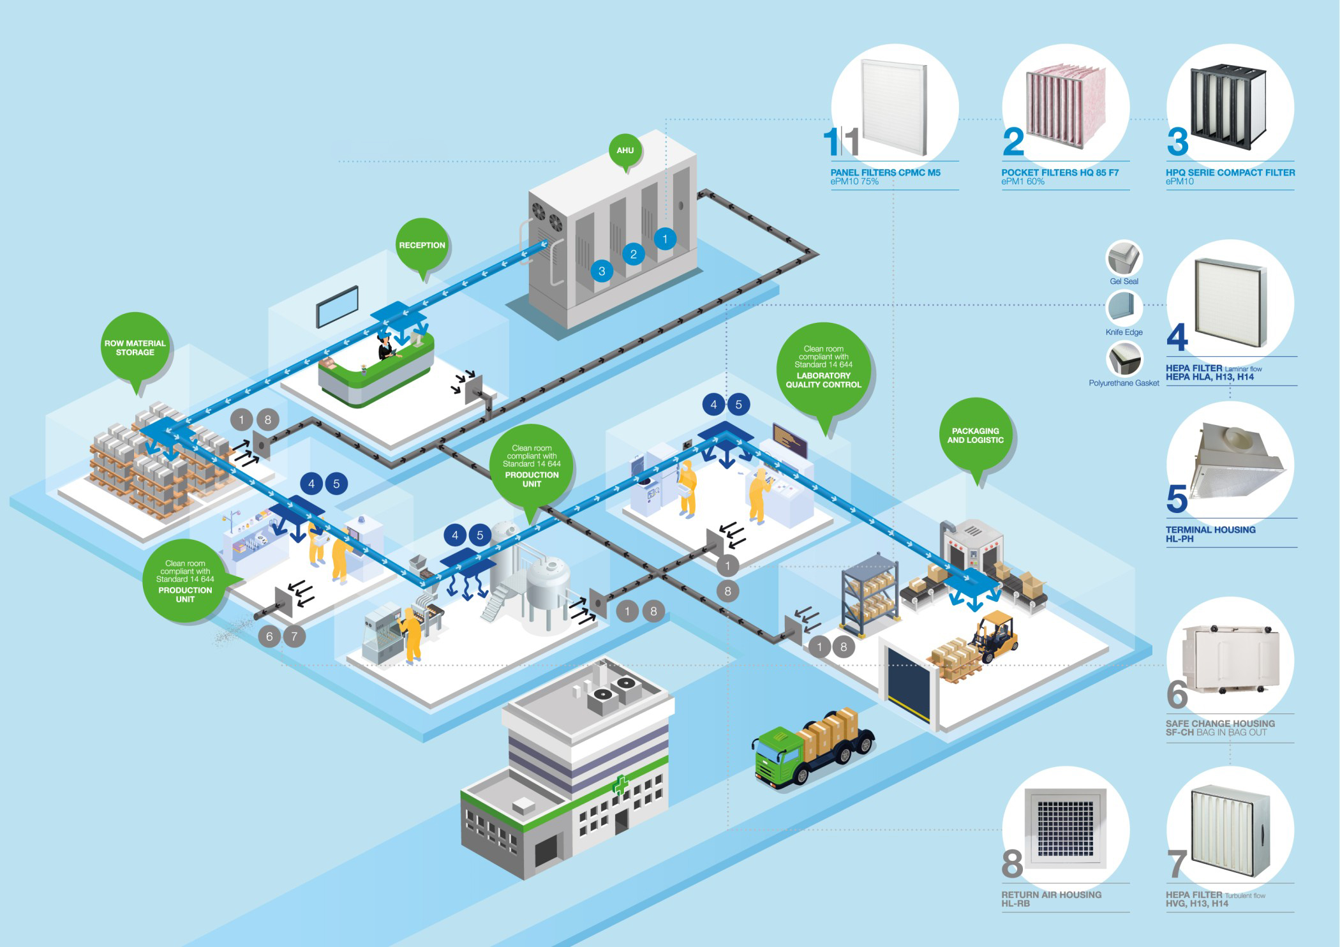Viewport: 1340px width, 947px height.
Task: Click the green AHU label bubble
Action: click(625, 151)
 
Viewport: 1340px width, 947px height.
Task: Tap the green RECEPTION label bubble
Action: click(422, 245)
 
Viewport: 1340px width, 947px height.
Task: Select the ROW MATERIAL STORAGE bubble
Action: click(135, 347)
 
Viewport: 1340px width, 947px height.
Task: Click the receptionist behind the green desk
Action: click(385, 346)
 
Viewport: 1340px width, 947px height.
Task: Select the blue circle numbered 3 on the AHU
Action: click(601, 271)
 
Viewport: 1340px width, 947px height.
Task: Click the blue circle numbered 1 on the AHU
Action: click(665, 239)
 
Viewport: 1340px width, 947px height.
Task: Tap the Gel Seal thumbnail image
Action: click(1124, 258)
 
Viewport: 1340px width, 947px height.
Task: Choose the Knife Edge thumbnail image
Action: click(1124, 308)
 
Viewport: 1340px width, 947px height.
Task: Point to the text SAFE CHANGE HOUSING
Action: click(1220, 724)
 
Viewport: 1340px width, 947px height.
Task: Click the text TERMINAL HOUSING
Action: click(1210, 530)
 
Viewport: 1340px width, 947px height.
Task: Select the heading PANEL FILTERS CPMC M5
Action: click(885, 172)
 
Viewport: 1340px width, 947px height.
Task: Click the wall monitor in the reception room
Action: click(338, 306)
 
